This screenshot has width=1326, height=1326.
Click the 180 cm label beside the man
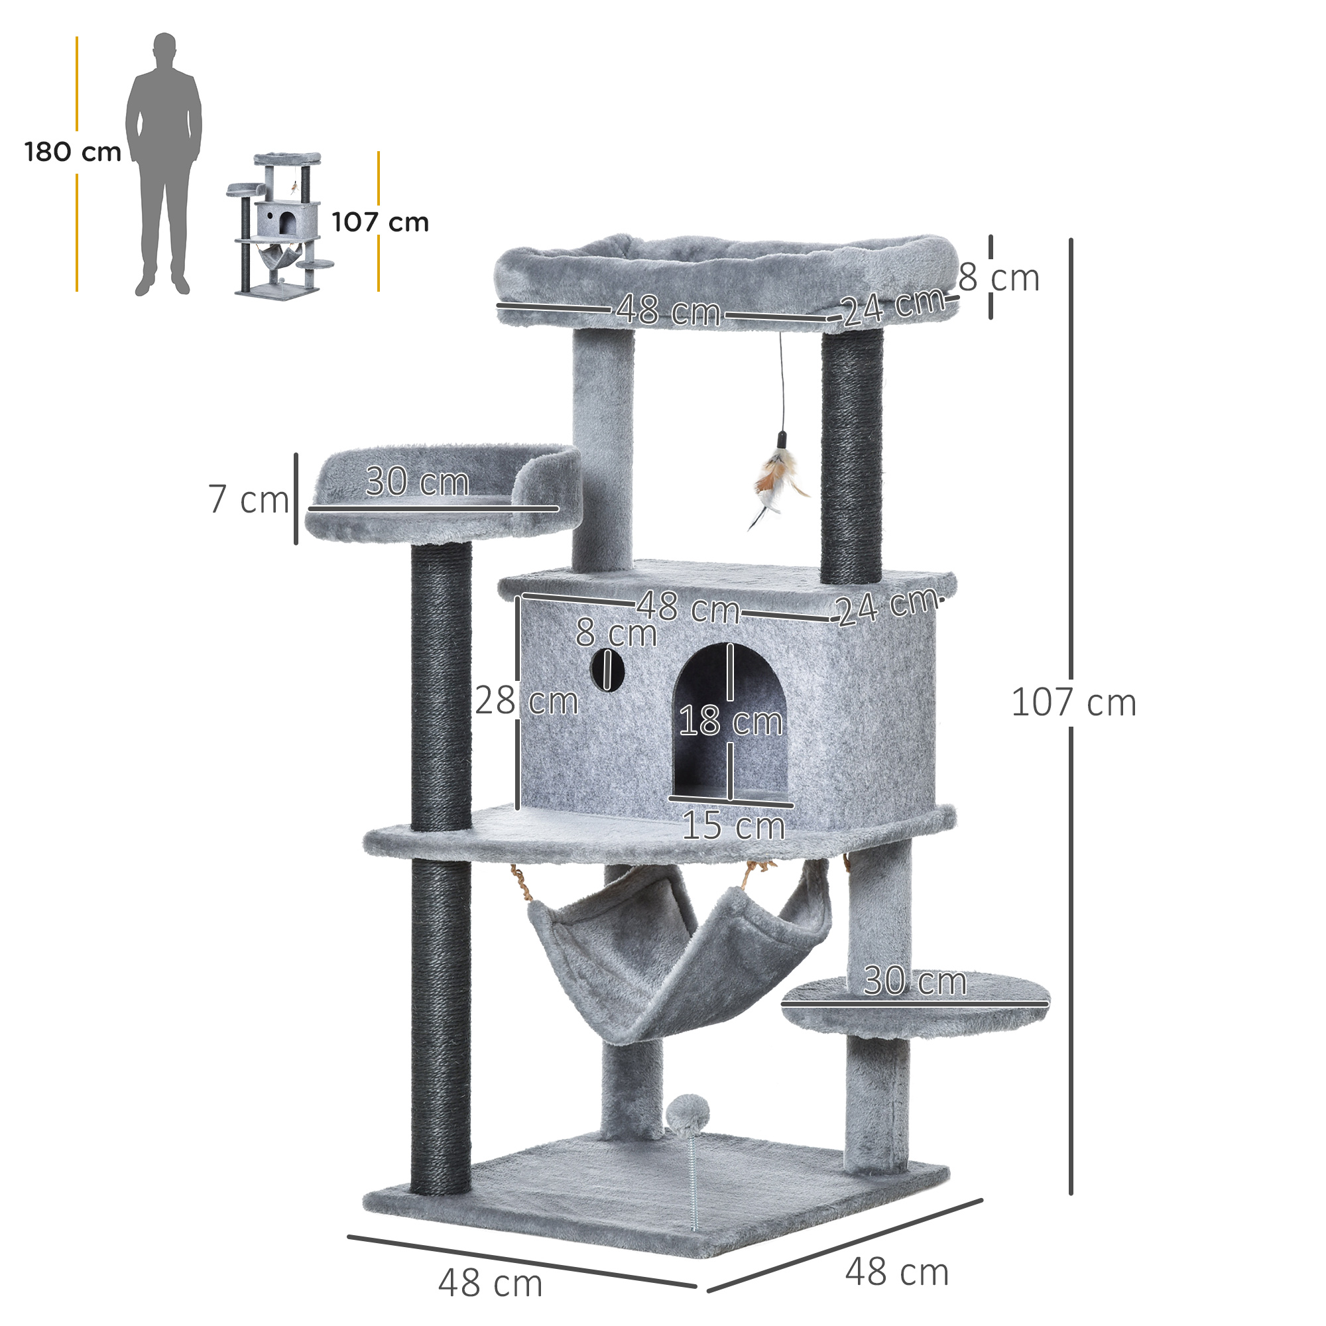click(x=73, y=152)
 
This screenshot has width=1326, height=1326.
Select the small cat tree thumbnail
click(x=280, y=225)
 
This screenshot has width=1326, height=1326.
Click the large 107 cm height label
click(x=1073, y=703)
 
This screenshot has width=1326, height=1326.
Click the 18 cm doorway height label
click(x=730, y=721)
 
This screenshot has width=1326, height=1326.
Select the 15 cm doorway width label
click(x=733, y=825)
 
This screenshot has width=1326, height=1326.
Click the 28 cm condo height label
click(x=526, y=701)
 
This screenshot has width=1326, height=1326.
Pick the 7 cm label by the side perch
click(x=248, y=499)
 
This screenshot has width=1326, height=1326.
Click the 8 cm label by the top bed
click(x=998, y=278)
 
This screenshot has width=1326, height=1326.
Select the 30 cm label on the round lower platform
click(x=915, y=981)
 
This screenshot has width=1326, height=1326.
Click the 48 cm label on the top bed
click(x=668, y=310)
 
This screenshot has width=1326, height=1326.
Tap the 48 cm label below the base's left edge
click(x=490, y=1283)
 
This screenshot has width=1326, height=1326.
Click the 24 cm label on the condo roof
click(x=888, y=606)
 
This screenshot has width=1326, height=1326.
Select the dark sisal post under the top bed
click(x=852, y=456)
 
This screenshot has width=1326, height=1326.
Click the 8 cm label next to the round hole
click(x=616, y=632)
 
